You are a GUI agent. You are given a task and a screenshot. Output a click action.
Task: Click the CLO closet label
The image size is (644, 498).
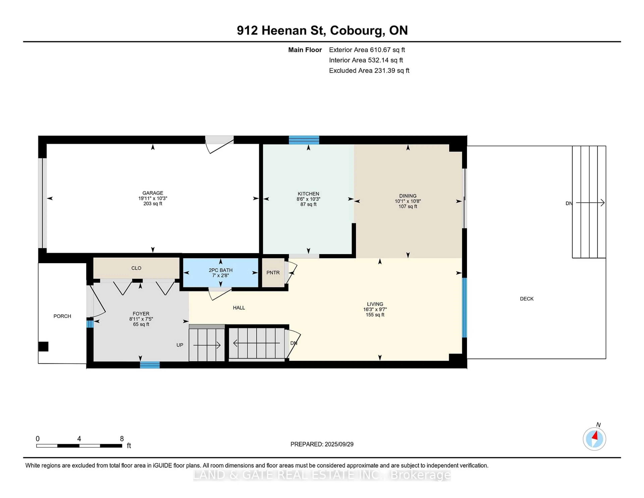(136, 268)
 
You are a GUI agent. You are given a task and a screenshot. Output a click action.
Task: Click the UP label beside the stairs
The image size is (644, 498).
(180, 345)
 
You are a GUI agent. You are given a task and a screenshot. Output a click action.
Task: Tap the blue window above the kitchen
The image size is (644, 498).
(304, 140)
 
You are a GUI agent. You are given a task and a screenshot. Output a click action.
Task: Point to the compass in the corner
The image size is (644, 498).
(594, 439)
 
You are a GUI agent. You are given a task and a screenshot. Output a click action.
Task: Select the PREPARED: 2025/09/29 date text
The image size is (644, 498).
(322, 444)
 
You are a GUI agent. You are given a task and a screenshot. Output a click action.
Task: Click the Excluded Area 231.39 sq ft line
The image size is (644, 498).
(369, 70)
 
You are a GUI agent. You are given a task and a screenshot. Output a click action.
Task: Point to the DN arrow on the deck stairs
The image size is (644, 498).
(589, 203)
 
